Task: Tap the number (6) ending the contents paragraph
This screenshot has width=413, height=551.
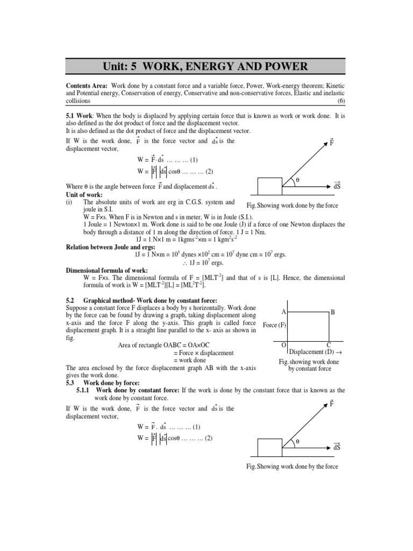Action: [x=340, y=101]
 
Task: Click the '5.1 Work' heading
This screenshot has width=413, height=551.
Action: [x=79, y=116]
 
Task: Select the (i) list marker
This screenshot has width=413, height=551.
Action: [x=69, y=202]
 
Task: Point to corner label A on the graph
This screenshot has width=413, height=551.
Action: [x=283, y=312]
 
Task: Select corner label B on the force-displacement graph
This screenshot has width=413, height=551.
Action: [x=333, y=312]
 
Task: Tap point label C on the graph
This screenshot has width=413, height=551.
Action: [x=329, y=344]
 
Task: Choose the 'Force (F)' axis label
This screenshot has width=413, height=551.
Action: [x=274, y=326]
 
